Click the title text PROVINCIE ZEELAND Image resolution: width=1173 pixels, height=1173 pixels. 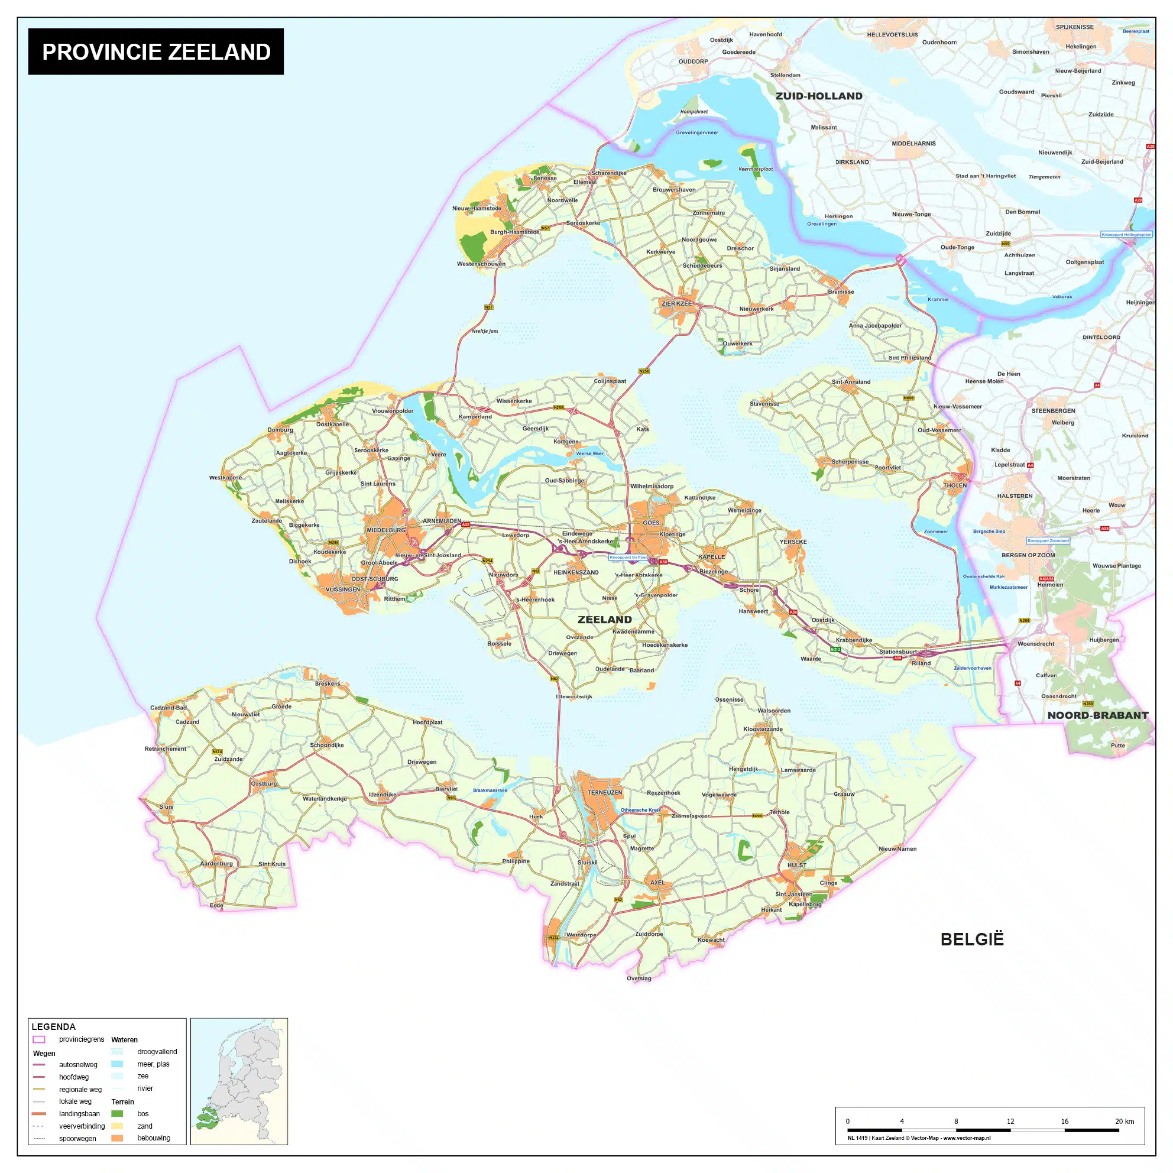(156, 51)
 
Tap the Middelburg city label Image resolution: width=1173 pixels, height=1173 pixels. (385, 530)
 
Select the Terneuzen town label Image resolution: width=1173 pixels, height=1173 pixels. (605, 792)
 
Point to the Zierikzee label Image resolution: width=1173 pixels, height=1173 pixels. (676, 303)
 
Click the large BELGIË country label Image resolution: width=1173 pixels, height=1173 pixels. (972, 939)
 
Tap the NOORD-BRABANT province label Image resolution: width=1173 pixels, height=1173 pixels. (1098, 715)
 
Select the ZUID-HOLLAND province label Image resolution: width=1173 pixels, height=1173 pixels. (818, 96)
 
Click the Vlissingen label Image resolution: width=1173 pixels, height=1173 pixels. (342, 589)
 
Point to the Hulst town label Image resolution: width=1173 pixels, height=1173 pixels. (796, 865)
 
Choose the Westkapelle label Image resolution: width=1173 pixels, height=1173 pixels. (225, 478)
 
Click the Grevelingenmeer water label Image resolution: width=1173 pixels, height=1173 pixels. (697, 132)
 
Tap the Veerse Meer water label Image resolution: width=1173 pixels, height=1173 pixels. (589, 453)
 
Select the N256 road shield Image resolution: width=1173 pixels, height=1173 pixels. (644, 371)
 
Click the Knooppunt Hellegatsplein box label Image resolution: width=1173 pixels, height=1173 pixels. (1126, 234)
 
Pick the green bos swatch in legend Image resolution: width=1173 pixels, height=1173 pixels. (117, 1113)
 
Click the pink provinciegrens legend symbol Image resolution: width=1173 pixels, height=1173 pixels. (39, 1039)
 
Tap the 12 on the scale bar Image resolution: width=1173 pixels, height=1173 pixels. (1010, 1122)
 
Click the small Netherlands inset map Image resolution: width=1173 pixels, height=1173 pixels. (239, 1081)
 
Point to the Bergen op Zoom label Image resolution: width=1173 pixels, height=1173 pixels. (1028, 555)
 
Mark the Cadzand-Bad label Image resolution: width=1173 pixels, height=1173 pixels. (169, 708)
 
